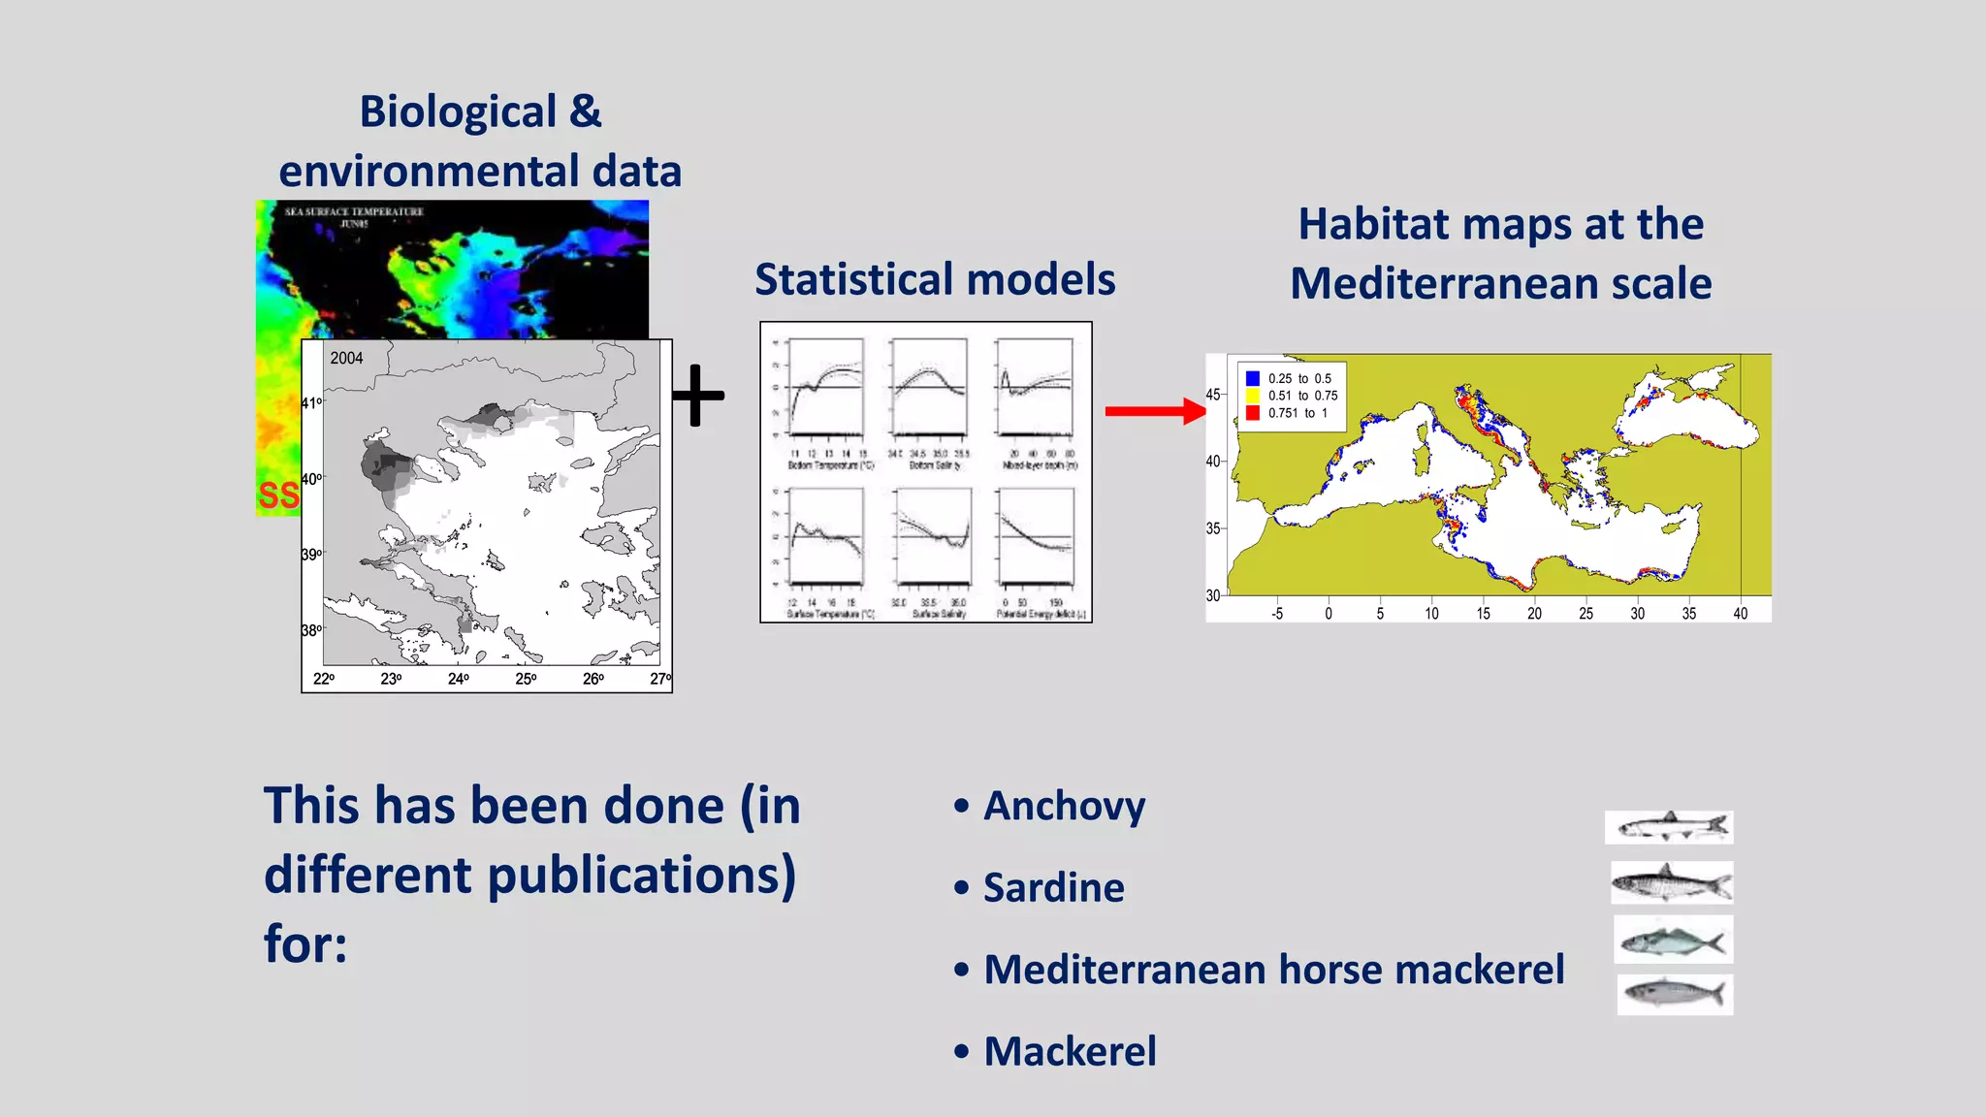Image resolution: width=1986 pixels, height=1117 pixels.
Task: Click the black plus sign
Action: click(x=697, y=396)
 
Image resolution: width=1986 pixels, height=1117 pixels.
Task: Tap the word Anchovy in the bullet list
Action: click(x=1064, y=806)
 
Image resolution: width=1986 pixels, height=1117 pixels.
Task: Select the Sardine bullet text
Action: click(x=1053, y=888)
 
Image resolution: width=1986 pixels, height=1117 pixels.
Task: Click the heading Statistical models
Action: click(x=935, y=279)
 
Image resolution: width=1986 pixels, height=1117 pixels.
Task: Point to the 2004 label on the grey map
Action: click(x=346, y=358)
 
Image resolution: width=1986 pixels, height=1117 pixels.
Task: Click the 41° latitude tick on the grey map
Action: click(x=311, y=402)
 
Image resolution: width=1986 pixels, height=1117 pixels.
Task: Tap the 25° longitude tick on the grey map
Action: click(x=526, y=679)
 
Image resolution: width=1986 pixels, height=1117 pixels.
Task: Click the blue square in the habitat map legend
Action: click(x=1252, y=378)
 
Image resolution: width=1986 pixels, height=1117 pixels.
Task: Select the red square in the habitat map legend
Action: click(x=1252, y=413)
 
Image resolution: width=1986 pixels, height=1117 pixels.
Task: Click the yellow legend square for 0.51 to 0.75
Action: click(x=1252, y=396)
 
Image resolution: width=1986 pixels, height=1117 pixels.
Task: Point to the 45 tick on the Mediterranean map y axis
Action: click(x=1213, y=395)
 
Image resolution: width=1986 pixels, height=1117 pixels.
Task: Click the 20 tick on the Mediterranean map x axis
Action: click(x=1534, y=613)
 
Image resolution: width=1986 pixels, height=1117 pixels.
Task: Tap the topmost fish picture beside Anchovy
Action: click(x=1668, y=827)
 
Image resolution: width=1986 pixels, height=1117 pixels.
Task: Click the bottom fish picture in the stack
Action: click(x=1675, y=995)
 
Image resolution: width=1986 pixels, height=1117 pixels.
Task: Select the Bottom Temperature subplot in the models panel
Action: click(x=826, y=388)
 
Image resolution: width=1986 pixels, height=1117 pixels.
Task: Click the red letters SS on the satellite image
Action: click(x=278, y=495)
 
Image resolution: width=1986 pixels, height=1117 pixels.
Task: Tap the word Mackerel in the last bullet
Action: click(x=1070, y=1052)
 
